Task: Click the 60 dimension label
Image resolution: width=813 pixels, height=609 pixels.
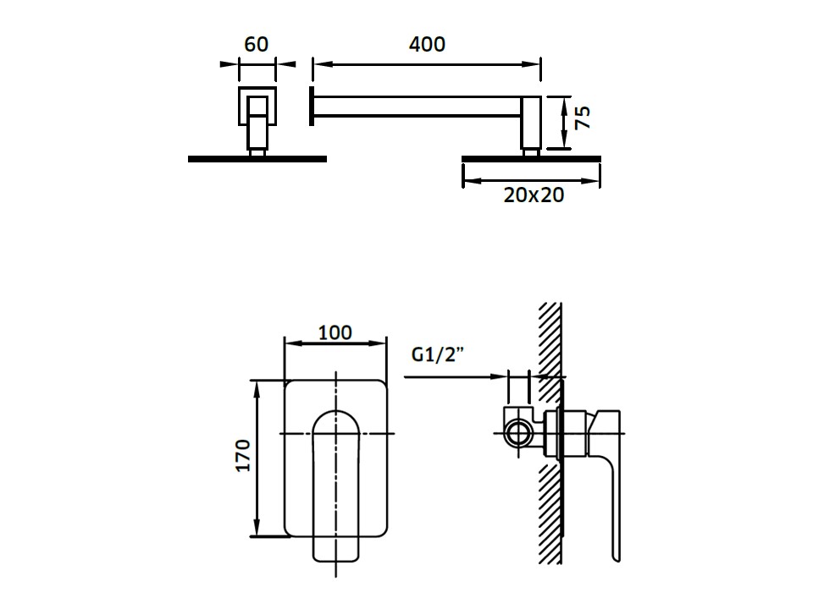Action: tap(256, 45)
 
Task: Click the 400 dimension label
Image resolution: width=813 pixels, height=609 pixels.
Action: tap(427, 45)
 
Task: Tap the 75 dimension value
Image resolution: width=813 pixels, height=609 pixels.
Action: tap(583, 118)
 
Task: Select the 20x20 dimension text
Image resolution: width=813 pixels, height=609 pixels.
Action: tap(534, 195)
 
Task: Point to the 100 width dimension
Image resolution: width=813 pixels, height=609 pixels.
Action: tap(335, 332)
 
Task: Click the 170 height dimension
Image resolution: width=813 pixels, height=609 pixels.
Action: tap(243, 456)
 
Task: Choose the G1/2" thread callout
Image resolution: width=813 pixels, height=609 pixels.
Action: tap(438, 355)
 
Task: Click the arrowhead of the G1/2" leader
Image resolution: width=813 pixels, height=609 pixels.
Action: tap(498, 377)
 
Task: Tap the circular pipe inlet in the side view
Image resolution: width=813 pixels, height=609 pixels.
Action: tap(517, 433)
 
